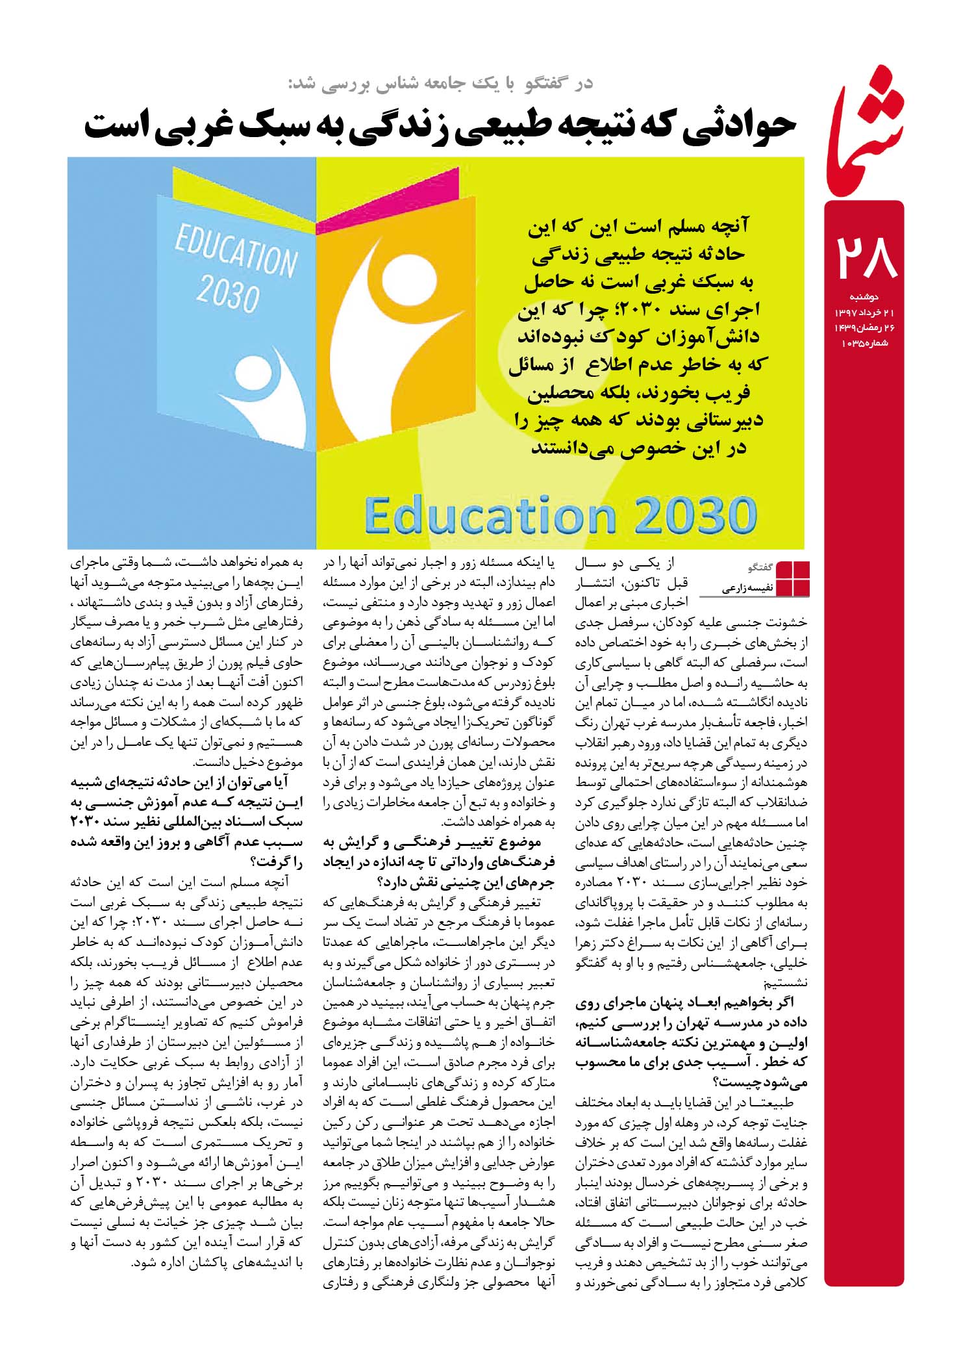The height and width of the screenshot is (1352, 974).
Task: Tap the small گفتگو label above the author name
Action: (x=759, y=567)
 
